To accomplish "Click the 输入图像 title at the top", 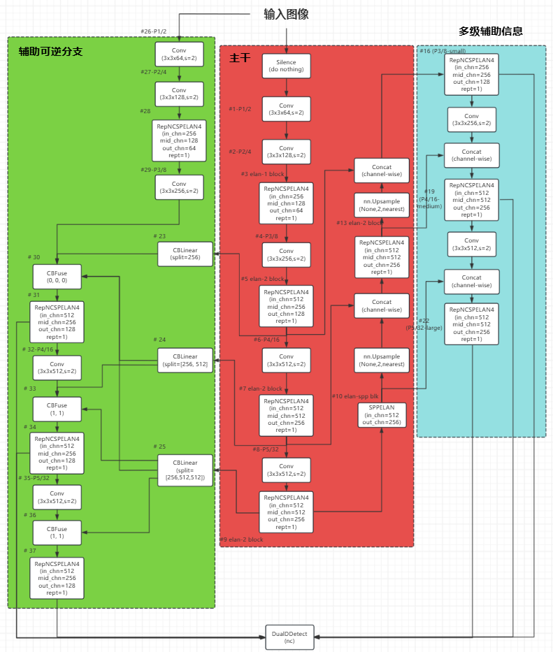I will pyautogui.click(x=286, y=14).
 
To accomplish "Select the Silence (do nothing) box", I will pyautogui.click(x=287, y=66).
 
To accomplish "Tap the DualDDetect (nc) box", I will pyautogui.click(x=289, y=637).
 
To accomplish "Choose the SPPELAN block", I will pyautogui.click(x=381, y=415).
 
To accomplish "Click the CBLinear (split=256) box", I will pyautogui.click(x=185, y=253).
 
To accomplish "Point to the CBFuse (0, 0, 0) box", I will pyautogui.click(x=57, y=276).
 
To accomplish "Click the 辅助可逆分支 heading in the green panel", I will pyautogui.click(x=50, y=52).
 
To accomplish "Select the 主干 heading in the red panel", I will pyautogui.click(x=240, y=58).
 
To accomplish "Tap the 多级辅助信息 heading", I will pyautogui.click(x=491, y=31).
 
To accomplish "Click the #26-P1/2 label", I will pyautogui.click(x=154, y=31).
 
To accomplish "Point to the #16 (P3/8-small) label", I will pyautogui.click(x=442, y=51).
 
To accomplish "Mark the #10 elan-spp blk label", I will pyautogui.click(x=354, y=396).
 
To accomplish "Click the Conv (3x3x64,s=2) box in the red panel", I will pyautogui.click(x=287, y=109).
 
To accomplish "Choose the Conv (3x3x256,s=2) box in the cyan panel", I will pyautogui.click(x=471, y=119).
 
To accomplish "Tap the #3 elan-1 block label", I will pyautogui.click(x=262, y=173).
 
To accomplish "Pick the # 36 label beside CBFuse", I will pyautogui.click(x=30, y=515).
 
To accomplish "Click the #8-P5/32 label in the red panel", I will pyautogui.click(x=266, y=449).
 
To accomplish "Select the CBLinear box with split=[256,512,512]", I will pyautogui.click(x=185, y=470).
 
